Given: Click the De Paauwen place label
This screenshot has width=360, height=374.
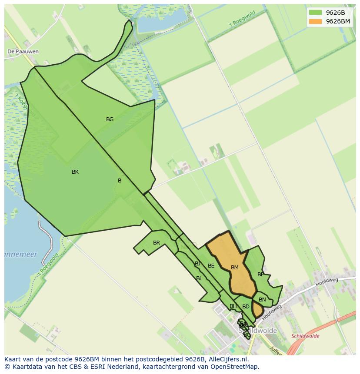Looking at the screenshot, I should click(23, 51).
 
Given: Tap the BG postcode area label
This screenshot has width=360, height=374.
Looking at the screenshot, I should click(110, 119).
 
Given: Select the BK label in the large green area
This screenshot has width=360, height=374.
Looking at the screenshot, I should click(75, 172).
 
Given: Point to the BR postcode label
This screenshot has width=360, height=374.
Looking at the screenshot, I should click(157, 243).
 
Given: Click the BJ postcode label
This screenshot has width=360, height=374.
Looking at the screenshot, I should click(198, 264).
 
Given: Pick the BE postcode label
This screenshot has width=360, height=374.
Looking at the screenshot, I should click(211, 266).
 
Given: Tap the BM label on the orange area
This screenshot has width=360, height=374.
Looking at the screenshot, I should click(235, 268).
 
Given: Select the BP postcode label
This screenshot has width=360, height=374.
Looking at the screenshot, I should click(260, 275).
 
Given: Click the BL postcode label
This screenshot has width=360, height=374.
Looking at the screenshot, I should click(199, 278).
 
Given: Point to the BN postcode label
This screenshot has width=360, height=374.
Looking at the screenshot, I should click(262, 300).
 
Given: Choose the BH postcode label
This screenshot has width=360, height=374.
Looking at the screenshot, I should click(233, 306).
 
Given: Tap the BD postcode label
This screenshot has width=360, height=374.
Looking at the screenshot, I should click(246, 307).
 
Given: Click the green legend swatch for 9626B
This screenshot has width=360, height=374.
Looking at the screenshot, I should click(315, 13).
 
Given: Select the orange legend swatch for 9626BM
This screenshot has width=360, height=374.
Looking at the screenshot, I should click(315, 21).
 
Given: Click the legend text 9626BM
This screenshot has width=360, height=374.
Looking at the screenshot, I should click(338, 21).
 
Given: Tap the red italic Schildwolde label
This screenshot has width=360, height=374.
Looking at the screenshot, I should click(305, 336).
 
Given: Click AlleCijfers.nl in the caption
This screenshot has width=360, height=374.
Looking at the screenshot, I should click(227, 359).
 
